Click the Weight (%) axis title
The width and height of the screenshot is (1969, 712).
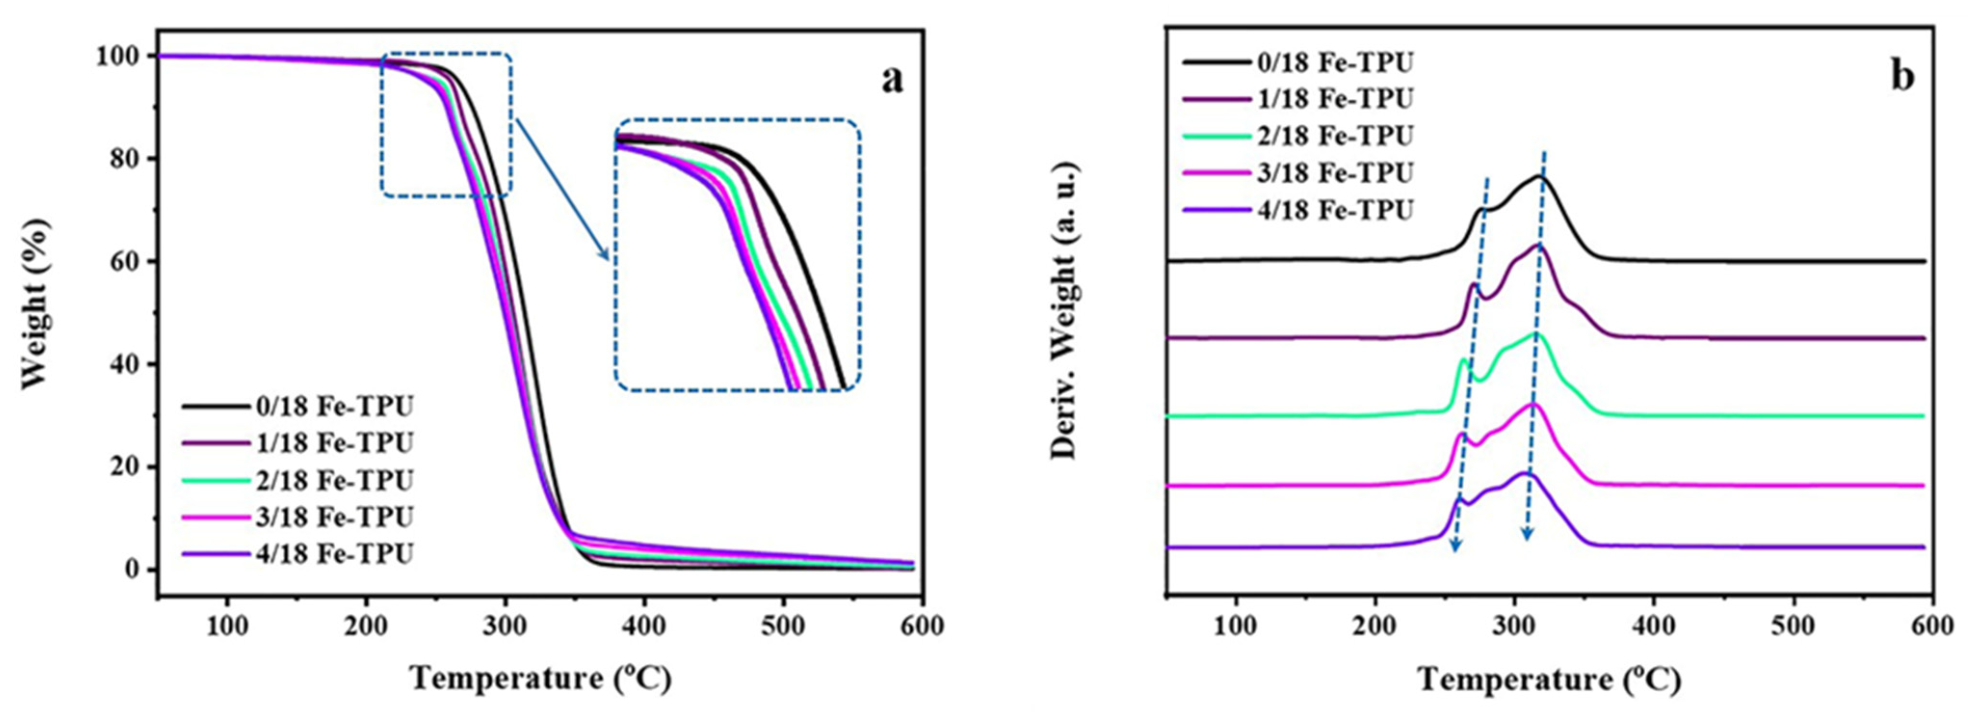click(36, 304)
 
